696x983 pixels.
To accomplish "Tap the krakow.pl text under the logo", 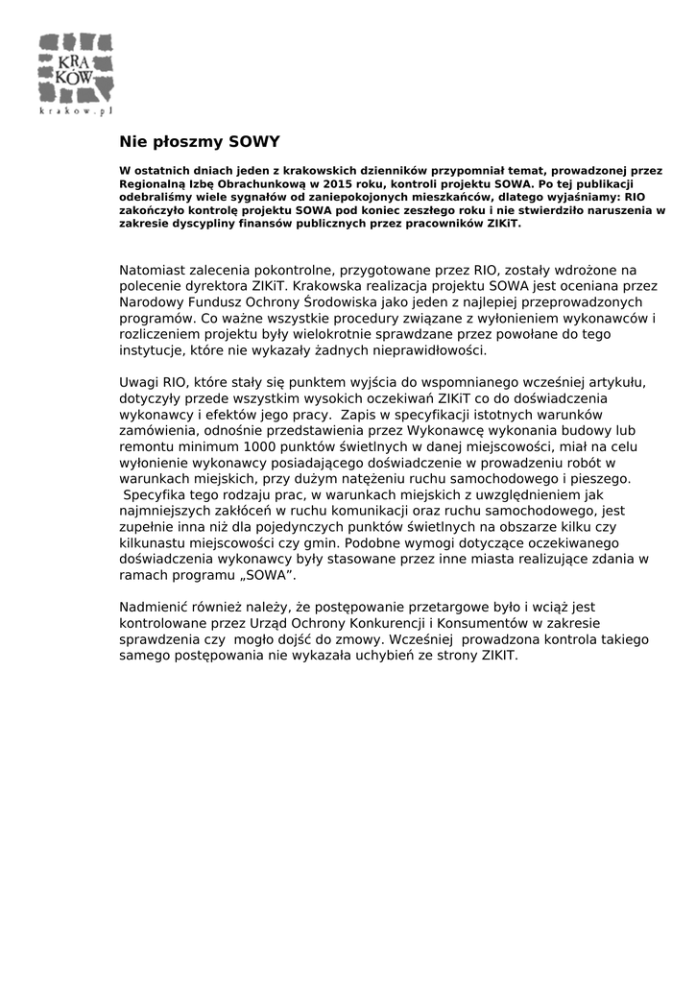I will pos(76,111).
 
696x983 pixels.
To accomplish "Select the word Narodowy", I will pos(151,301).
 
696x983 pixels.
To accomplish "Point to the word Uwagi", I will pos(139,382).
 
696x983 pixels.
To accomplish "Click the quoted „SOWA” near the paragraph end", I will pos(270,574).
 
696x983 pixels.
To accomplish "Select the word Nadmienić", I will pos(156,607).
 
